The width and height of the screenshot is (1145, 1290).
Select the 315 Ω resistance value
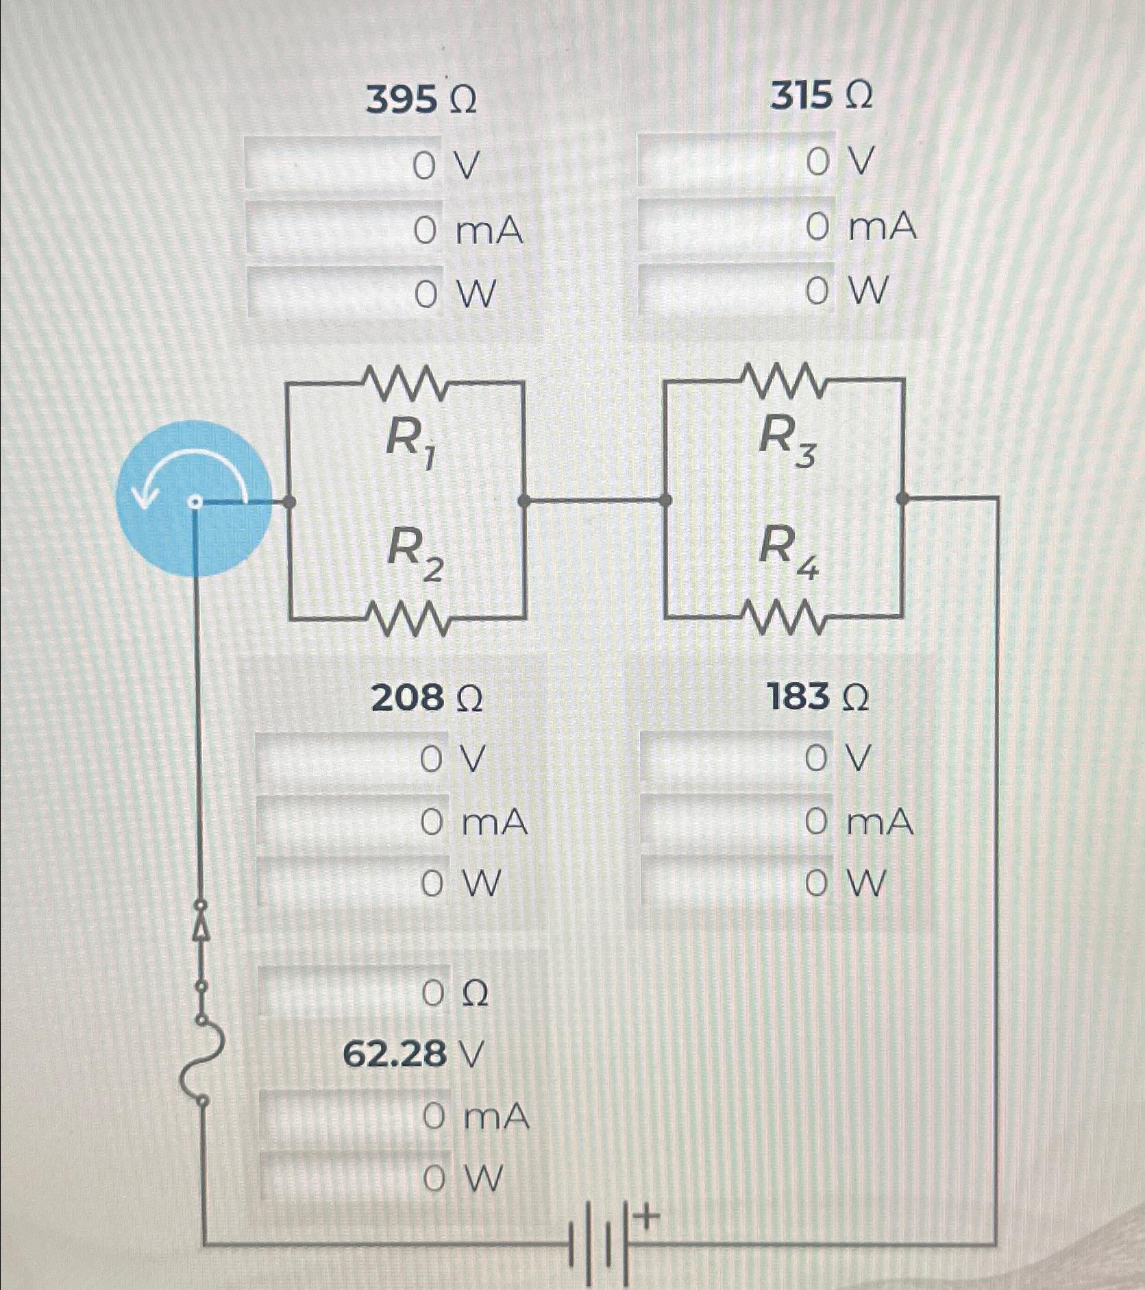tap(822, 97)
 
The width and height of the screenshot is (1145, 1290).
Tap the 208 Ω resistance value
tap(427, 698)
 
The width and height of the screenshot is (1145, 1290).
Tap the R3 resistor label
tap(788, 441)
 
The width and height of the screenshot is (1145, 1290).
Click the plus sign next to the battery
tap(648, 1217)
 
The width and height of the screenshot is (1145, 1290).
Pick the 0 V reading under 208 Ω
tap(453, 759)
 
